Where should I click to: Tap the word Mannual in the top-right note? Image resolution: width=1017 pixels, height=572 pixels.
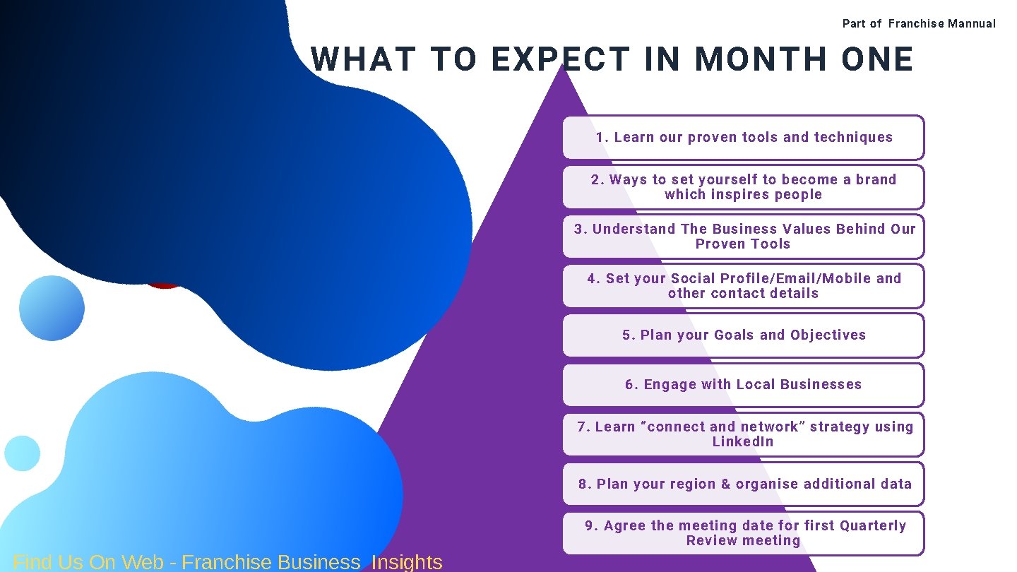coord(972,24)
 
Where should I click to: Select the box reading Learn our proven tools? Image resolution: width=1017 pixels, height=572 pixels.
coord(743,138)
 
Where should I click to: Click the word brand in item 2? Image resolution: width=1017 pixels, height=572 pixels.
coord(876,179)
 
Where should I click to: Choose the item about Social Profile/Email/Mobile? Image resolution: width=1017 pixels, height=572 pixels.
coord(743,286)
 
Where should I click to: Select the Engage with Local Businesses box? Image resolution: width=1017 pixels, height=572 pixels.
coord(743,385)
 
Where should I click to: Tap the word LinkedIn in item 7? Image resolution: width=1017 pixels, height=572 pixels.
coord(743,442)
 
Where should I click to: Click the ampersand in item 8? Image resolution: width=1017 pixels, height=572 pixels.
coord(725,484)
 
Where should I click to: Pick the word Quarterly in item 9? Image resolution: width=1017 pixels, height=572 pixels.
coord(873,525)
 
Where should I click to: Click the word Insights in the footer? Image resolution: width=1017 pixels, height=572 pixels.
coord(407,562)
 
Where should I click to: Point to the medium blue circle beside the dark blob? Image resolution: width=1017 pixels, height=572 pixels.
coord(52,309)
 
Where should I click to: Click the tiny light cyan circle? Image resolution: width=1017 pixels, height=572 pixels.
coord(22,453)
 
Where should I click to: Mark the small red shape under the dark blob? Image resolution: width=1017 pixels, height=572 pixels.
coord(164,284)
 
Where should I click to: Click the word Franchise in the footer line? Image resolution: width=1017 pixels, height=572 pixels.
coord(226,562)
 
